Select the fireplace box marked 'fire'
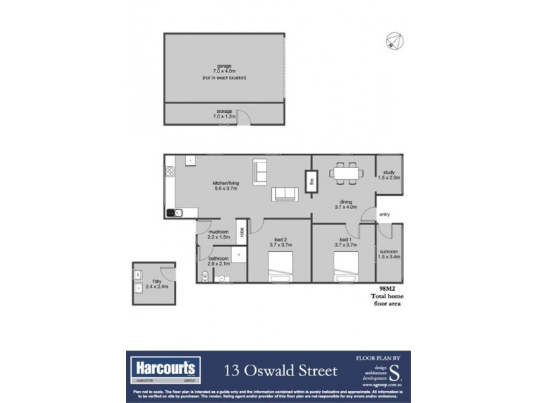(x=311, y=179)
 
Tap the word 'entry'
(x=384, y=214)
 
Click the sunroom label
(x=389, y=253)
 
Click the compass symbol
(x=393, y=42)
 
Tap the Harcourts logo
(x=163, y=368)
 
